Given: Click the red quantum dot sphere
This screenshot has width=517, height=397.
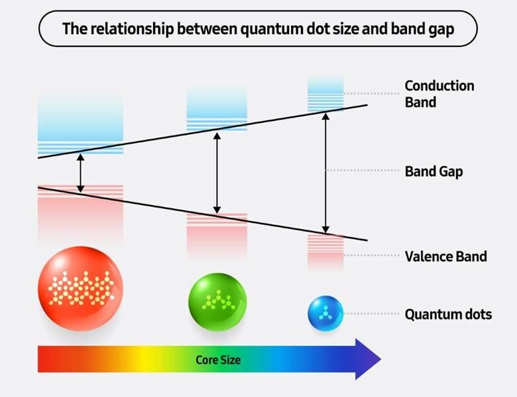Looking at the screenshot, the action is [80, 288].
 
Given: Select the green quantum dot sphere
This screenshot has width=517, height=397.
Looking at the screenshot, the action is [217, 302].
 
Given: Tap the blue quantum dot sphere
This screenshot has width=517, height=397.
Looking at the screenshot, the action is [325, 314].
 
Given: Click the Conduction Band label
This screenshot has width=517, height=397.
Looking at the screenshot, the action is [439, 94].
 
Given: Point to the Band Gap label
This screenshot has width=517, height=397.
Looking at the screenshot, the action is [433, 171].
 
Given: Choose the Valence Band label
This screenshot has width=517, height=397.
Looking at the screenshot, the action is [446, 256].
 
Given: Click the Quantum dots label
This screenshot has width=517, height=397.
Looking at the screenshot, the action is [448, 314].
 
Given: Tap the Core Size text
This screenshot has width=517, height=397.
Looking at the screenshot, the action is [218, 360].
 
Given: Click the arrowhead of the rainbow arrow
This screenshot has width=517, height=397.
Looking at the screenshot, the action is [368, 359].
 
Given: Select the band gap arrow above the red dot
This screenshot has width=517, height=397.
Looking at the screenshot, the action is [80, 173].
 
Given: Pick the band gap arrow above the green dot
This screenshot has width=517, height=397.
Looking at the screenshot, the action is [217, 173].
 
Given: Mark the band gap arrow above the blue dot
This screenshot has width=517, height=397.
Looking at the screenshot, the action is [325, 173].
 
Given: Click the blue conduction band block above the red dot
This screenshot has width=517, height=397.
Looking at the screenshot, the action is [80, 125].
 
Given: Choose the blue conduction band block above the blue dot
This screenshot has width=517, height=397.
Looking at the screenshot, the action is [325, 93].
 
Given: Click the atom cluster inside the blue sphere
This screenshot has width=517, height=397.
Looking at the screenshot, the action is [325, 313].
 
